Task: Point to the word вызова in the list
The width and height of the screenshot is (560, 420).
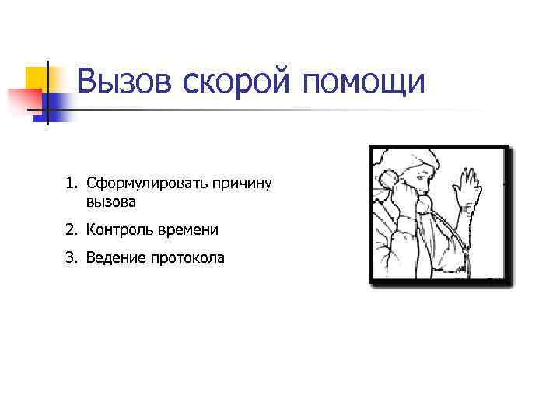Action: pyautogui.click(x=111, y=202)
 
